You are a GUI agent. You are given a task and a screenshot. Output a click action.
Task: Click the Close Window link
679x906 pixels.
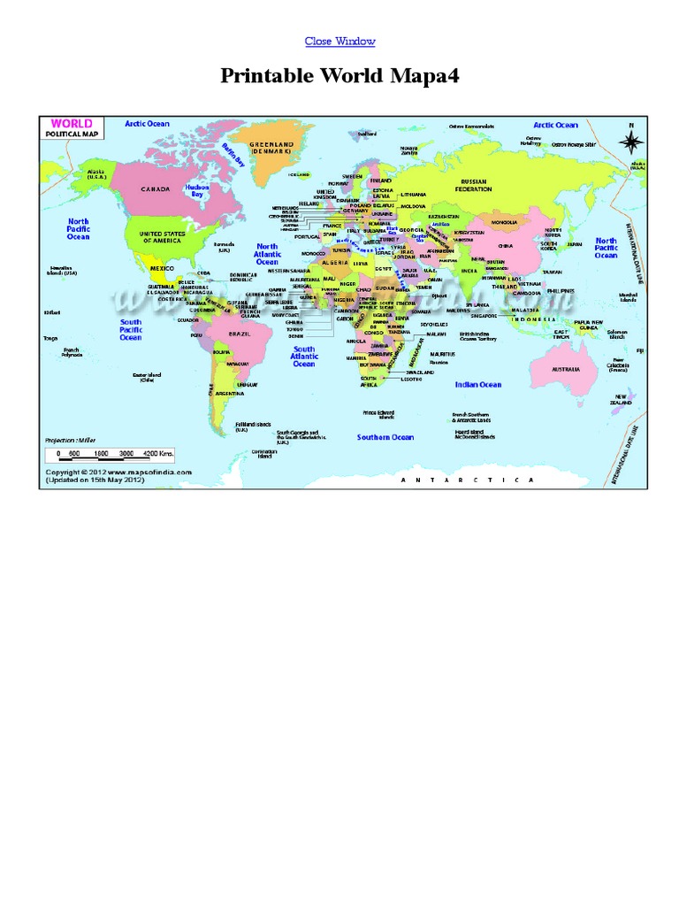tap(339, 42)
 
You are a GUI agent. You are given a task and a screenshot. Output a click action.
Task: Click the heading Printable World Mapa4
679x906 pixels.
tap(339, 78)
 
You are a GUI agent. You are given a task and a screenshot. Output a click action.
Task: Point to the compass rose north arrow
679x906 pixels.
tap(630, 140)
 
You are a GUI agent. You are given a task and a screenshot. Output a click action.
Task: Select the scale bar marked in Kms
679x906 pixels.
tap(111, 453)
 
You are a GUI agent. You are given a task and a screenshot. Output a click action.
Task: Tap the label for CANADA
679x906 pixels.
tap(155, 188)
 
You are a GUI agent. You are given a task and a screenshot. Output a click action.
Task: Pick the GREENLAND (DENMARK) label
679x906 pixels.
tap(271, 149)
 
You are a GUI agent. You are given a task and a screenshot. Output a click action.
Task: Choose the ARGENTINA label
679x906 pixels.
tap(230, 393)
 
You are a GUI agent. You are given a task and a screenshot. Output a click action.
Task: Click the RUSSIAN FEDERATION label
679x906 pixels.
tap(473, 185)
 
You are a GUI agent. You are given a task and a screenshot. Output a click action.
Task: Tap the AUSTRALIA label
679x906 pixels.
tap(566, 368)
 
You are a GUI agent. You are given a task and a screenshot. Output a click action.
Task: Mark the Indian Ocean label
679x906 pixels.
tap(478, 385)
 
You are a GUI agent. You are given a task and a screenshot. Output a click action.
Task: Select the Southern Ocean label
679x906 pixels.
tap(385, 437)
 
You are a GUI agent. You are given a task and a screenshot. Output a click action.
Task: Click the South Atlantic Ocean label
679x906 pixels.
tap(304, 357)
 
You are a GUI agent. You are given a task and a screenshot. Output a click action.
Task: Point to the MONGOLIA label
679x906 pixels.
tap(505, 221)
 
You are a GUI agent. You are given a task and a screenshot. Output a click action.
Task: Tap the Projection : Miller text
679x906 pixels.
tap(70, 439)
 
